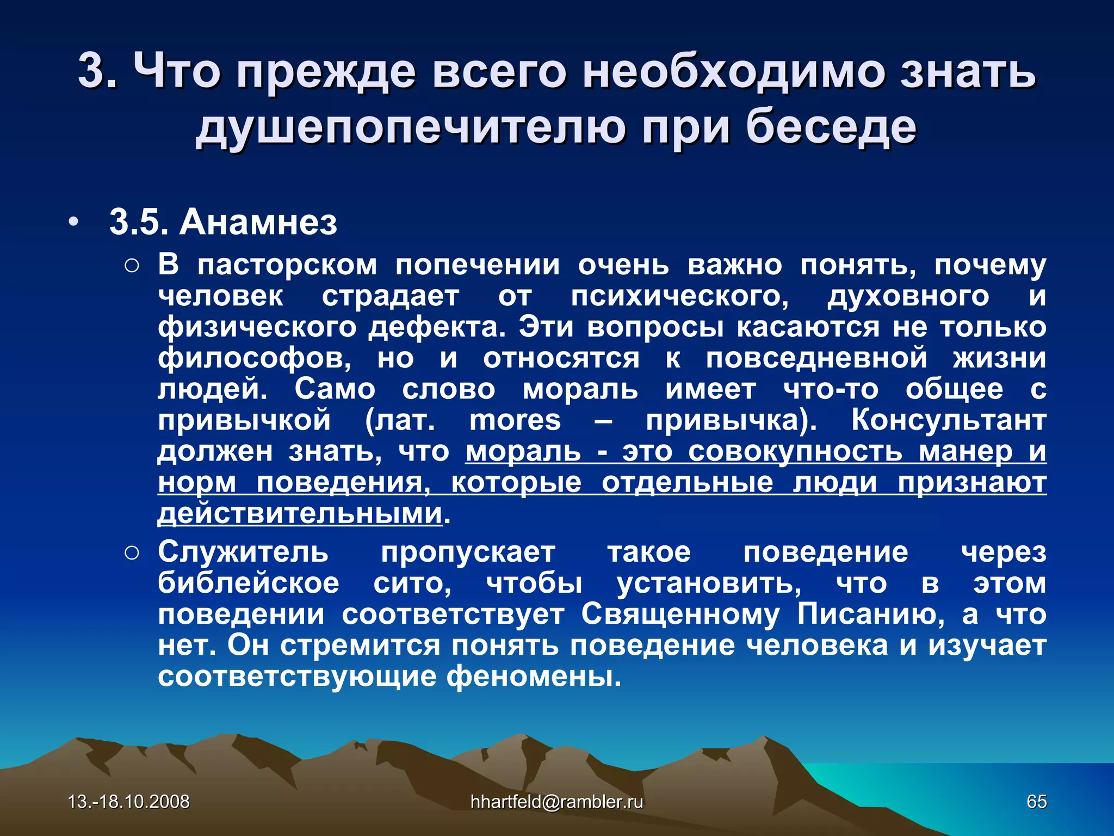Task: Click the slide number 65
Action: pos(1036,801)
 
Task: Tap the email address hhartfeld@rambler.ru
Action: pos(556,801)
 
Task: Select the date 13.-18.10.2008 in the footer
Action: pos(129,801)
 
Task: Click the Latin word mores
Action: pos(515,420)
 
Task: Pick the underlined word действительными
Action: pos(300,513)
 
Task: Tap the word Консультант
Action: pos(949,420)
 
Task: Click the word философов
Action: pos(255,358)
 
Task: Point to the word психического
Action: pos(679,297)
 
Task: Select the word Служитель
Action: pos(243,552)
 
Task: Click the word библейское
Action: pos(249,583)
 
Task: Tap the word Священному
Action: pos(680,614)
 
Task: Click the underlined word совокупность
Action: pos(795,452)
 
